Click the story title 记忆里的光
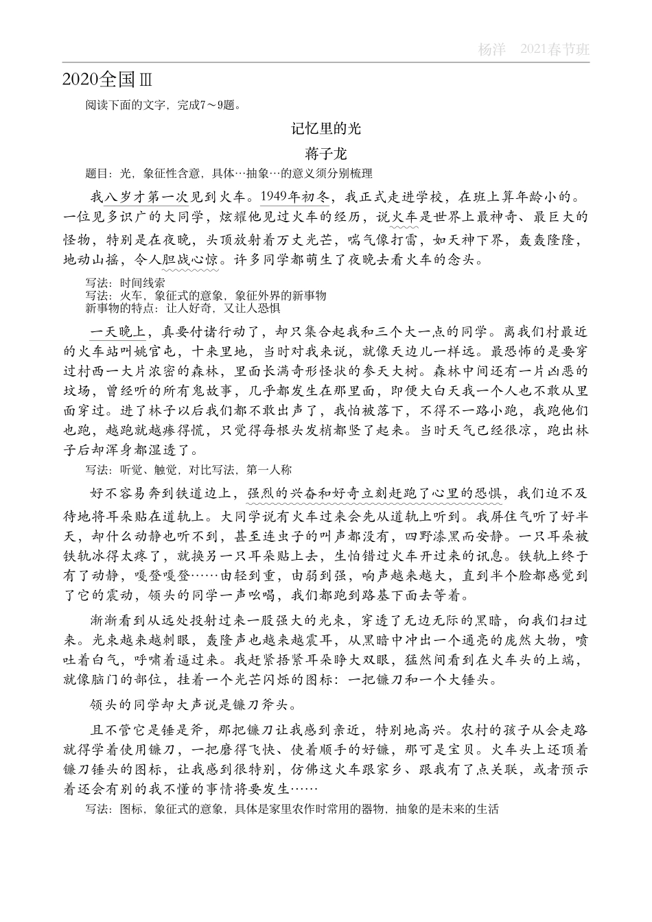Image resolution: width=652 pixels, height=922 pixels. coord(325,128)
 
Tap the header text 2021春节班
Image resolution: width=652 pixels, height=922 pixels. coord(555,50)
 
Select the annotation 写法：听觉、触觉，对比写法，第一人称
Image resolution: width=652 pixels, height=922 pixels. coord(189,470)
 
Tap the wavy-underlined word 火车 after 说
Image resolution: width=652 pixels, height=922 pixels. coord(405,217)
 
